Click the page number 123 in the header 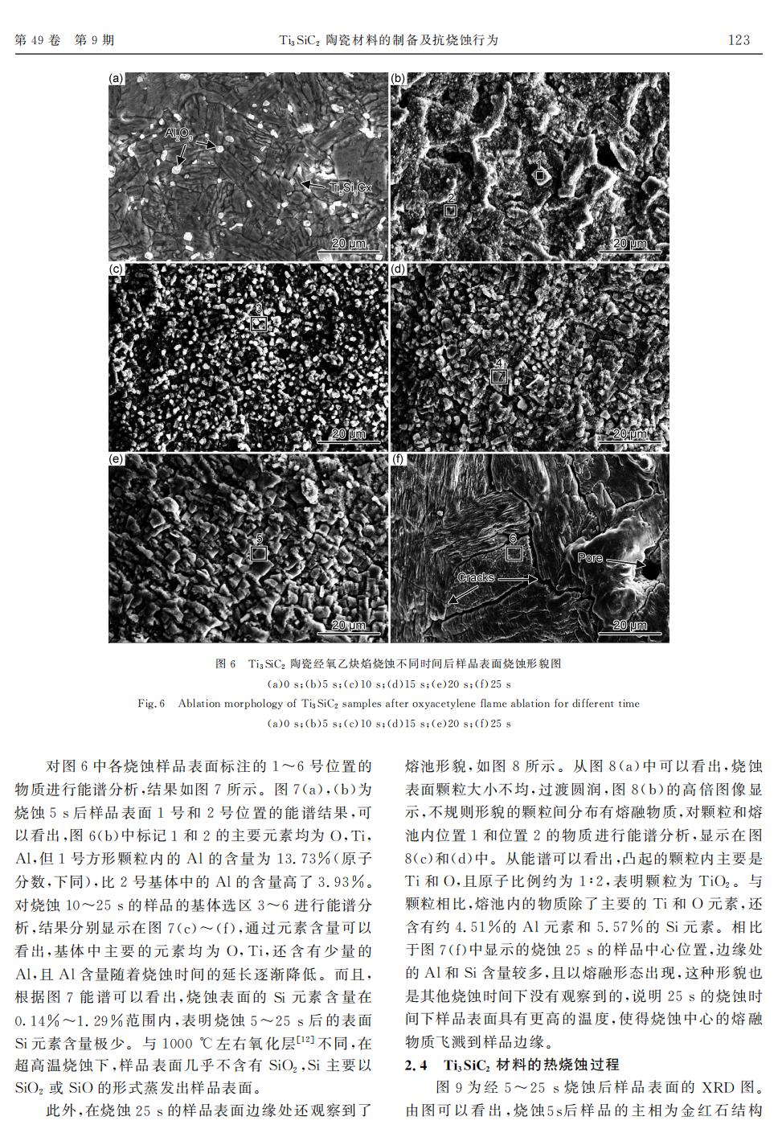(x=738, y=39)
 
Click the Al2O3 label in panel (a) (x=178, y=133)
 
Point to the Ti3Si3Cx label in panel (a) (x=351, y=187)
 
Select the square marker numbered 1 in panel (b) (x=541, y=174)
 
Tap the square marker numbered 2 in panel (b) (x=451, y=211)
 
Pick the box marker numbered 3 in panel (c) (x=258, y=323)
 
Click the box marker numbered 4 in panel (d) (x=499, y=376)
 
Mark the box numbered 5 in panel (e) (x=258, y=553)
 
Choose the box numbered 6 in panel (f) (x=514, y=553)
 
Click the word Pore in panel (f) (x=589, y=557)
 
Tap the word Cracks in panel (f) (x=475, y=577)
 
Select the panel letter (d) (x=398, y=269)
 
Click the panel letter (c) (x=117, y=269)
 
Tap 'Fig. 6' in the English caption (x=151, y=704)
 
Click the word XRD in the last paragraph (x=719, y=1088)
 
